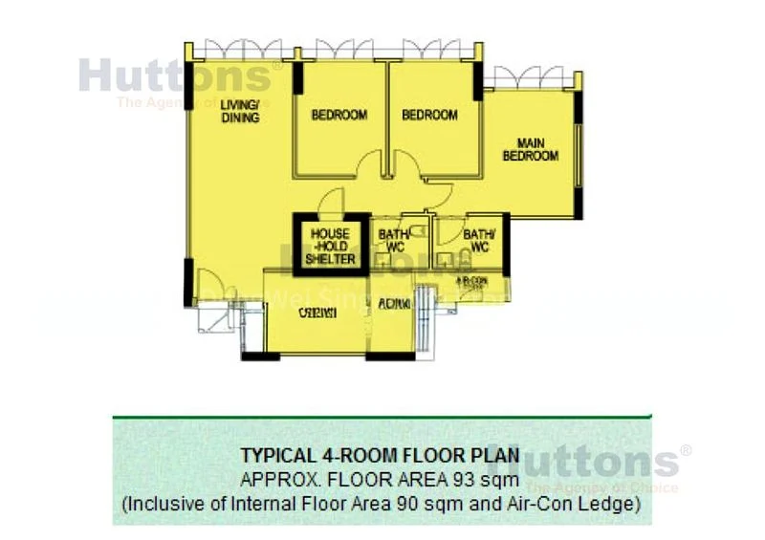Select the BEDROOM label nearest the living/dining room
(x=339, y=116)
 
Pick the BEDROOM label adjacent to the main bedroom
(x=429, y=116)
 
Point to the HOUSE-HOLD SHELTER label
(x=331, y=246)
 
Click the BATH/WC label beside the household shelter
(x=394, y=240)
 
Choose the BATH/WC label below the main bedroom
(x=476, y=240)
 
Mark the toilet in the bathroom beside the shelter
(x=406, y=260)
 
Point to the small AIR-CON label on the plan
(x=472, y=281)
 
